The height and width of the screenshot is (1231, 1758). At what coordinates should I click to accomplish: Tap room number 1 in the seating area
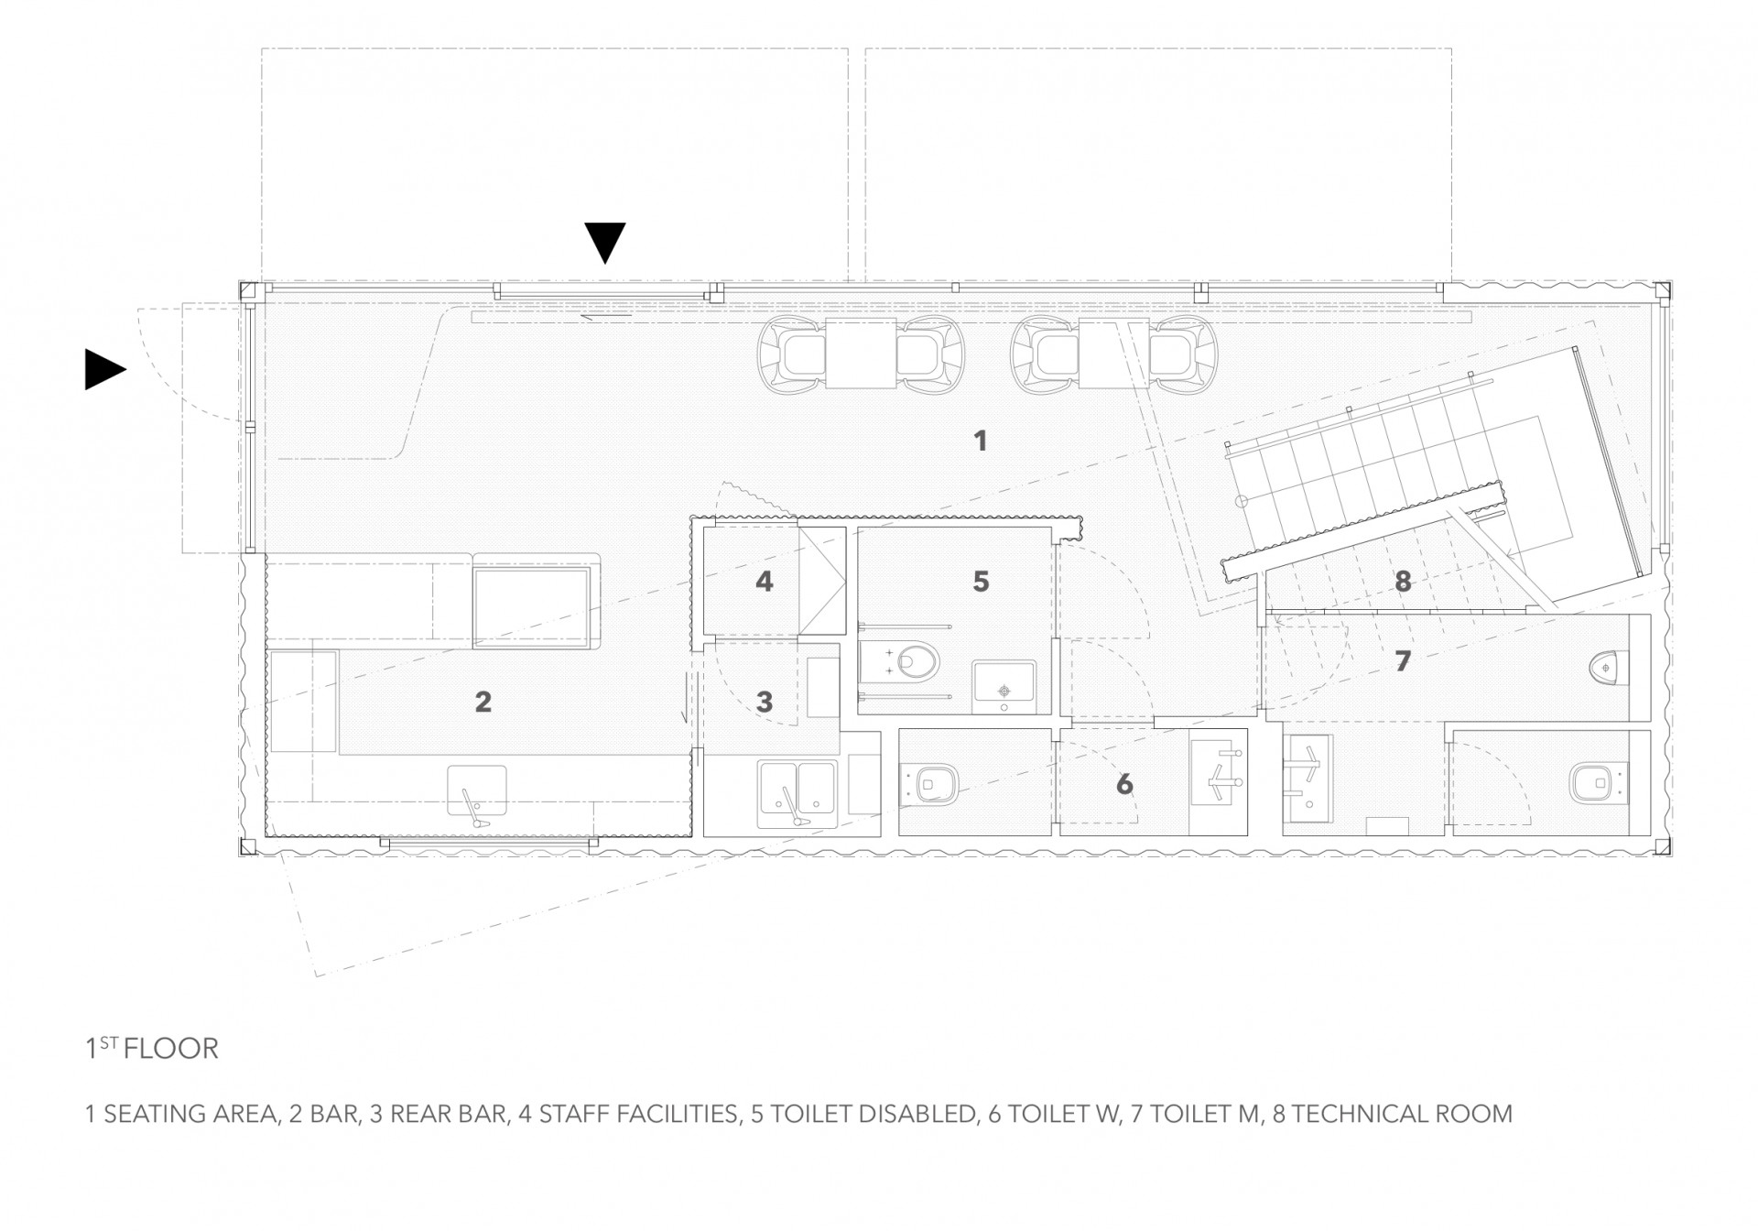click(981, 441)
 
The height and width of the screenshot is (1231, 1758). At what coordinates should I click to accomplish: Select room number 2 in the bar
click(483, 702)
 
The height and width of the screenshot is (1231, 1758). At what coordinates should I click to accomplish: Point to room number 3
click(765, 702)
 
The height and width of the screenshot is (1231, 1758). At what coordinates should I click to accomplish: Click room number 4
click(765, 581)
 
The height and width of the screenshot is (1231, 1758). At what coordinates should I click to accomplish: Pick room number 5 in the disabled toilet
click(981, 581)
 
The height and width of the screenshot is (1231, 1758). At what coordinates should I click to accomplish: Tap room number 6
click(1124, 784)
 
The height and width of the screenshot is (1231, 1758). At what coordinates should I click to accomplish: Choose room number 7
click(1403, 659)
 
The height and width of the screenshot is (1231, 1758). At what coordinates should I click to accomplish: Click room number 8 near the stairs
click(1403, 581)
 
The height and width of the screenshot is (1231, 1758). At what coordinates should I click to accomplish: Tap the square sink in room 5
click(1004, 686)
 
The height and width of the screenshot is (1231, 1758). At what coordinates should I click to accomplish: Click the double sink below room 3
click(797, 794)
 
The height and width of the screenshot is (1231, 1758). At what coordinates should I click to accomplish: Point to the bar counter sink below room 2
click(476, 794)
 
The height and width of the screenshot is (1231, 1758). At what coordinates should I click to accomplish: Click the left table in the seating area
click(861, 354)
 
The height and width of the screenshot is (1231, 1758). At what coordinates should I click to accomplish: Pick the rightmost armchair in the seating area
click(1184, 354)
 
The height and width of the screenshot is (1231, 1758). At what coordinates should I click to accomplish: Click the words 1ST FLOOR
click(152, 1048)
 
